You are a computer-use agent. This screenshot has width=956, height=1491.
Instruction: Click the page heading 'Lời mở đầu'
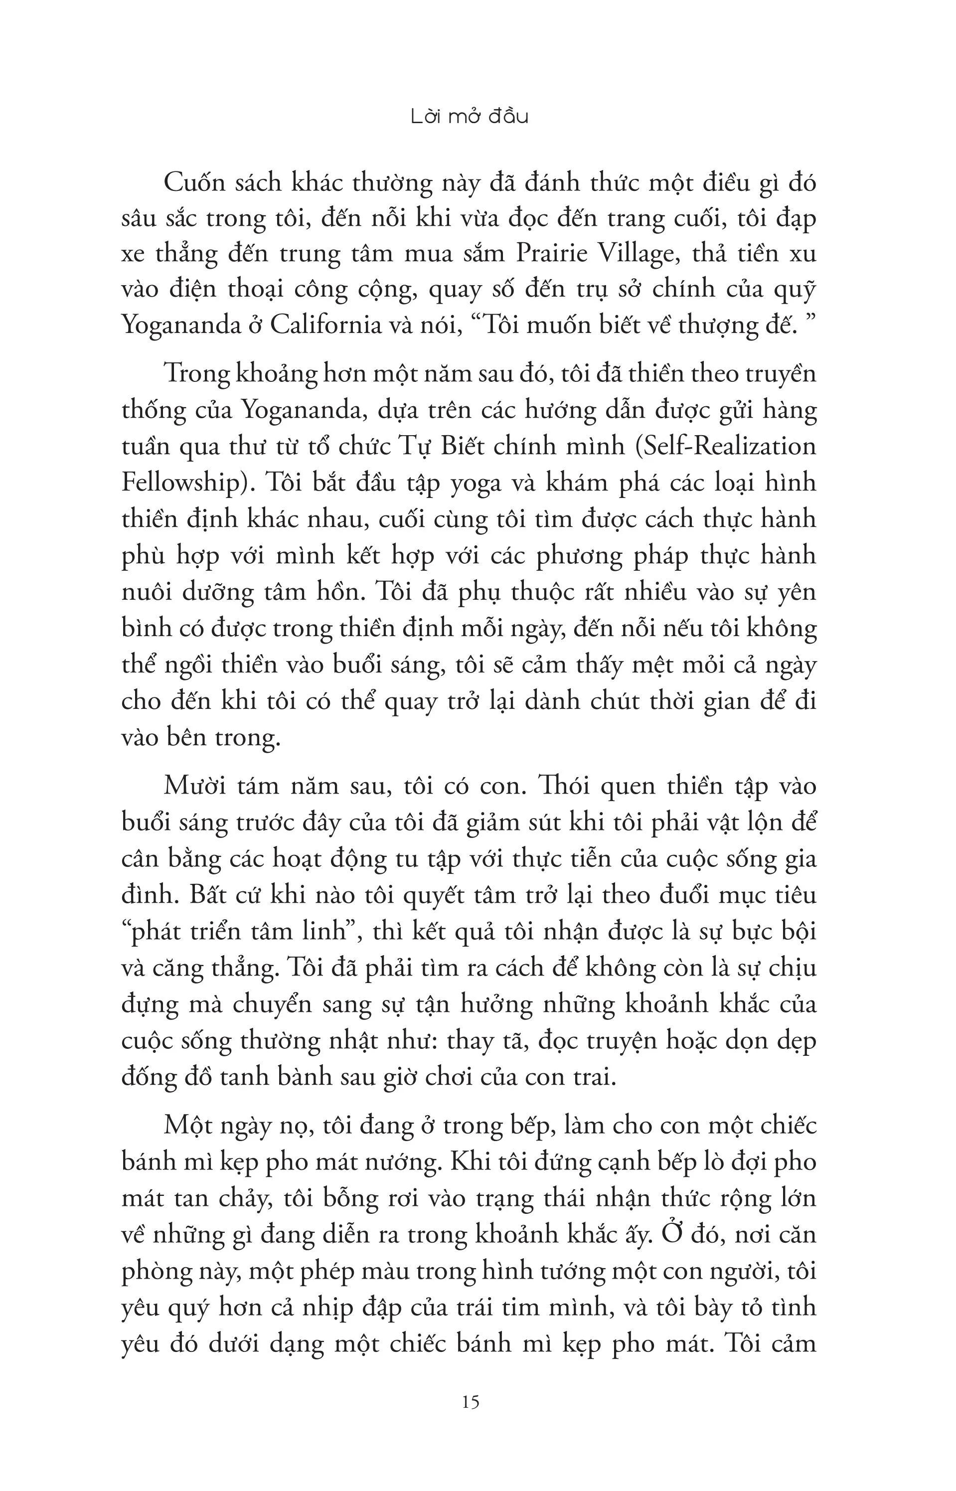470,117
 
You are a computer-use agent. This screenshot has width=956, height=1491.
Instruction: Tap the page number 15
471,1402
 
